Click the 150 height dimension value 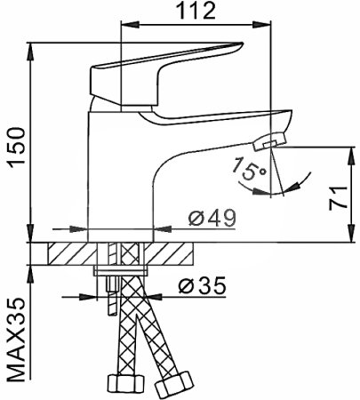pos(16,148)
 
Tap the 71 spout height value pos(338,198)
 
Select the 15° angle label pos(250,169)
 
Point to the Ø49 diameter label pos(212,218)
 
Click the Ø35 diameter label pos(203,285)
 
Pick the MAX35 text pos(16,340)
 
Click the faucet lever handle pos(166,74)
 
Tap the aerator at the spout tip pos(269,141)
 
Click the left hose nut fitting pos(124,384)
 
